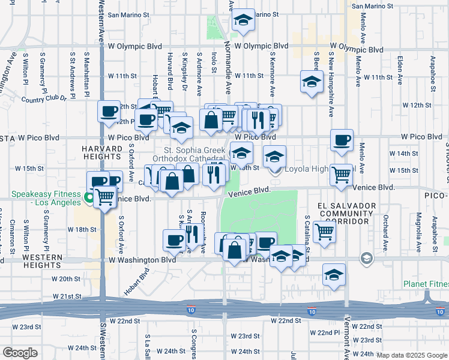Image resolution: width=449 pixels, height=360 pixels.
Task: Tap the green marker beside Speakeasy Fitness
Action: tap(89, 196)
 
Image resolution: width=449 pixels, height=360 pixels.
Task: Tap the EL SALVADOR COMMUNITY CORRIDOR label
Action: tap(345, 214)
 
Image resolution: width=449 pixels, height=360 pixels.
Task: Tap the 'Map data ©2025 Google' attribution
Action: tap(412, 355)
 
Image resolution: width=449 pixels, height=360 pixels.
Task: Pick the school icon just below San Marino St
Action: tap(243, 20)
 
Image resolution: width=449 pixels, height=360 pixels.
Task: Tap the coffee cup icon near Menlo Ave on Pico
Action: tap(342, 140)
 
